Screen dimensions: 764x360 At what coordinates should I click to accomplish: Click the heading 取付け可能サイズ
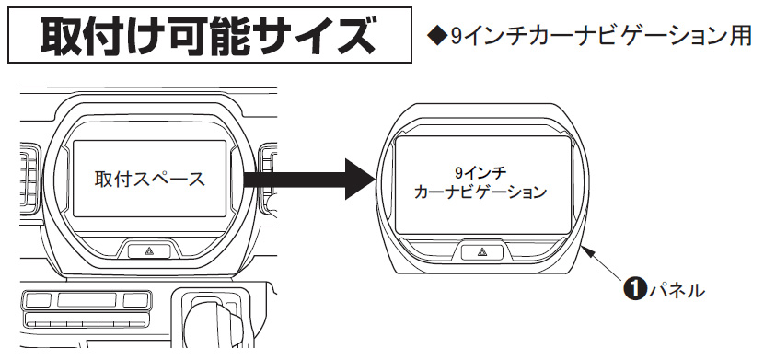click(x=209, y=36)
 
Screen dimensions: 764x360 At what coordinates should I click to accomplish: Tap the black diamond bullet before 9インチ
click(x=436, y=37)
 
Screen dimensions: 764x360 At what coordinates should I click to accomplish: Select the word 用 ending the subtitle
click(x=741, y=37)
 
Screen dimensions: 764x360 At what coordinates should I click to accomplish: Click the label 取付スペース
click(x=150, y=180)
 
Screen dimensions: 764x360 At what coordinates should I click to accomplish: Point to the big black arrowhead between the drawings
click(x=360, y=180)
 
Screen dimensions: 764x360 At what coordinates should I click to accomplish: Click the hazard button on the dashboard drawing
click(x=150, y=251)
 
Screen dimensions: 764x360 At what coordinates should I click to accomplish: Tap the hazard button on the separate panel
click(x=482, y=252)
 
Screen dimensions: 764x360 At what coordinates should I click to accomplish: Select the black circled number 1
click(x=634, y=290)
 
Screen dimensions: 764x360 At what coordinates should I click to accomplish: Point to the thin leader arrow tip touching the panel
click(x=583, y=247)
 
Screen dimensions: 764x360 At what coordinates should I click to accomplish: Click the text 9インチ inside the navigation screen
click(x=480, y=173)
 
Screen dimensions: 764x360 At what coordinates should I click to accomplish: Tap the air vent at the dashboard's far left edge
click(x=30, y=179)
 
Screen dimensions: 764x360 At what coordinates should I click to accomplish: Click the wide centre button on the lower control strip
click(x=87, y=299)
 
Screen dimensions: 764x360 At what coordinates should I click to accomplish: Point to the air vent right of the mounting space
click(x=268, y=180)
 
